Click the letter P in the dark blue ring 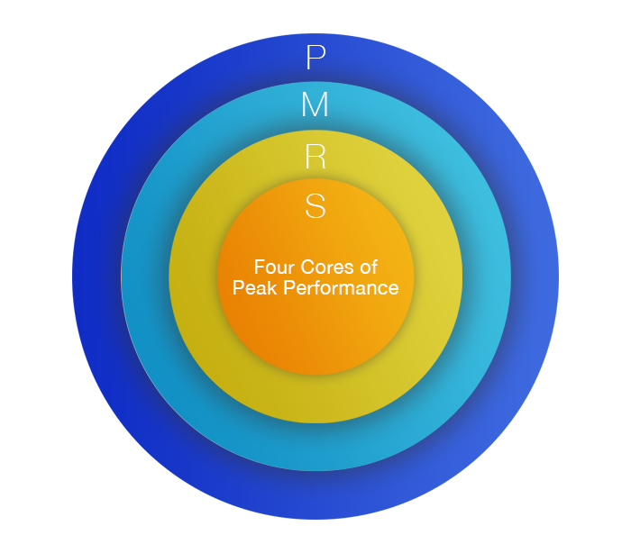pos(315,59)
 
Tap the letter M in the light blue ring pos(315,106)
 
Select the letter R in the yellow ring pos(315,158)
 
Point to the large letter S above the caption pos(315,206)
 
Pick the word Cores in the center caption pos(325,267)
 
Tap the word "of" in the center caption pos(368,267)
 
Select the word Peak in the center pos(252,288)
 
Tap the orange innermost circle pos(315,333)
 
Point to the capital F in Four pos(260,267)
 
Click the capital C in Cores pos(307,267)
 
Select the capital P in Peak pos(238,288)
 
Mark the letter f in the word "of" pos(373,267)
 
